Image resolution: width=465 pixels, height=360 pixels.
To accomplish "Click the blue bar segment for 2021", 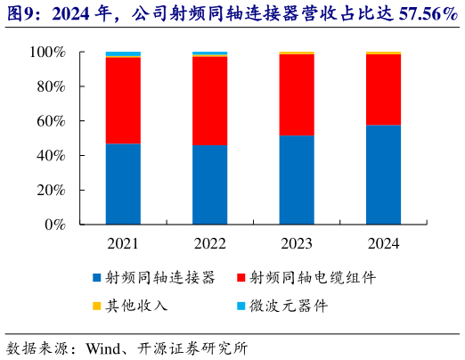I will [x=123, y=184].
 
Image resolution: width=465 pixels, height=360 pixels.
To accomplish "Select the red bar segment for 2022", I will [x=209, y=101].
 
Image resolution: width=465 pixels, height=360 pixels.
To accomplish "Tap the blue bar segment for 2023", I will [x=296, y=180].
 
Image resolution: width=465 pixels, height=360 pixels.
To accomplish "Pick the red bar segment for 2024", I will [x=383, y=90].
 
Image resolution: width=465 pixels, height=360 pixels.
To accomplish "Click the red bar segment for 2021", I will [x=123, y=100].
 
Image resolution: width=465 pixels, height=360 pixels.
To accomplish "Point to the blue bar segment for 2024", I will [x=383, y=175].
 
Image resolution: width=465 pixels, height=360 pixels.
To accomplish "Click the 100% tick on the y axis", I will [x=50, y=53].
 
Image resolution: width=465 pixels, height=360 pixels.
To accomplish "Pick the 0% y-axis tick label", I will [x=56, y=225].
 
